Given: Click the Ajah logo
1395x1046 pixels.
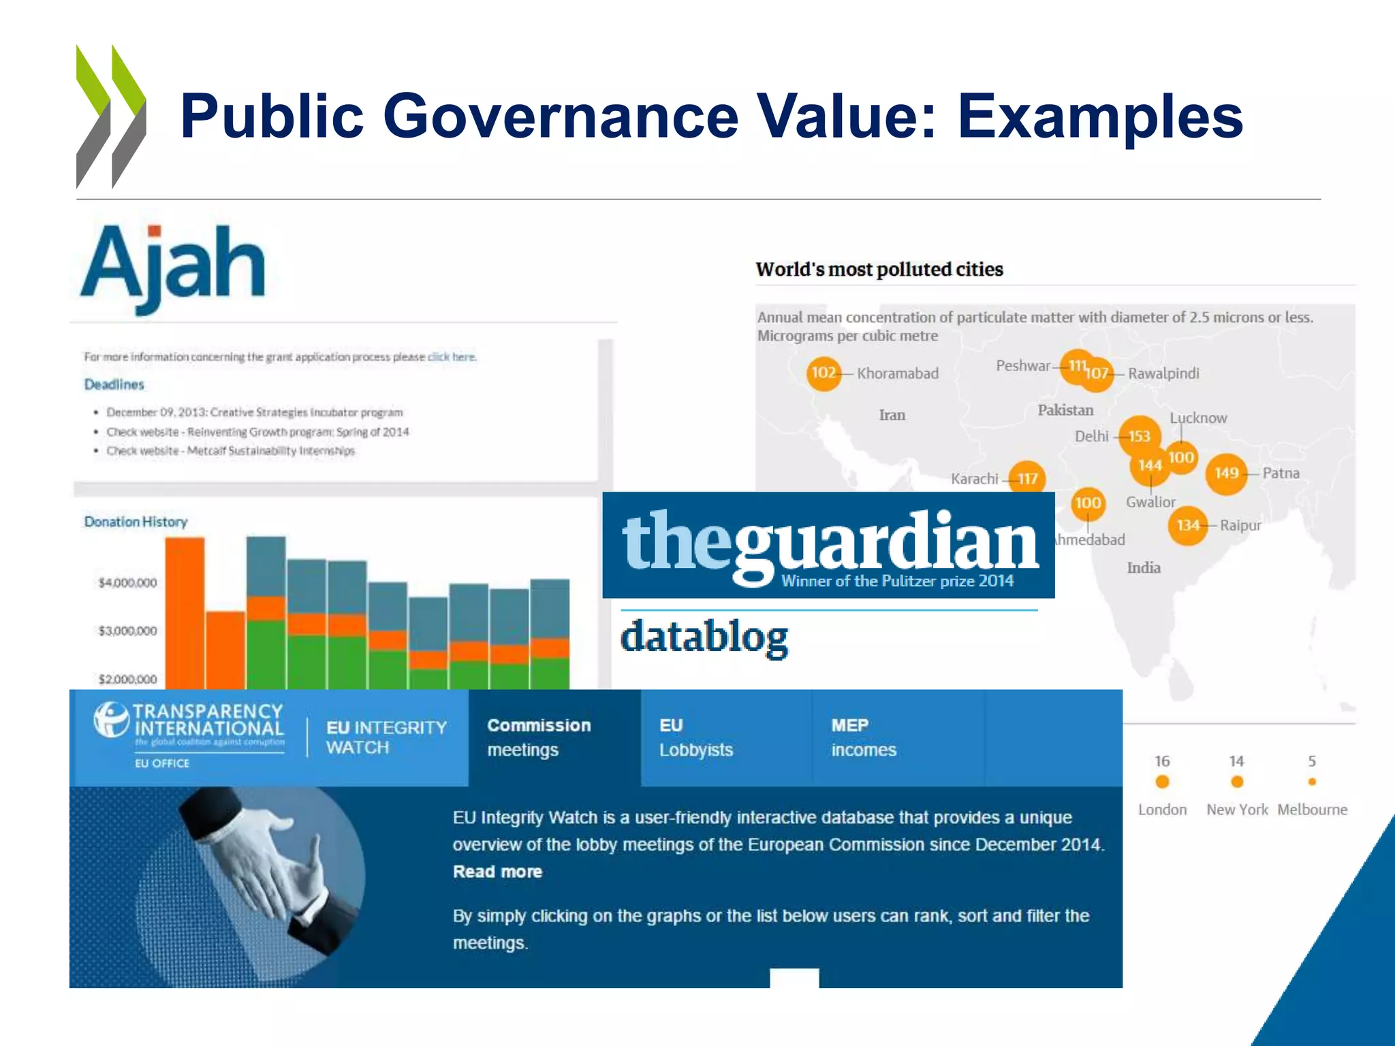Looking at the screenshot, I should pos(173,267).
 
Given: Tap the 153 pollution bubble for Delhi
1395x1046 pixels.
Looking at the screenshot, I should pos(1139,436).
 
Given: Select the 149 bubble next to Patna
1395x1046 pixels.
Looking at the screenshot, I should pos(1226,473).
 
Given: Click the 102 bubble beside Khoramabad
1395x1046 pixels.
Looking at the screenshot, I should pos(824,373).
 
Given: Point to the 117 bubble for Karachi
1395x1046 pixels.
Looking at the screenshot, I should pos(1027,479).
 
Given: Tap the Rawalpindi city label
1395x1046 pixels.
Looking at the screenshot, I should pos(1163,373).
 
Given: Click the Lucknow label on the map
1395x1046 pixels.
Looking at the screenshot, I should pos(1198,417).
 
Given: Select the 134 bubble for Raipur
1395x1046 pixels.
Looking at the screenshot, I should pos(1188,525).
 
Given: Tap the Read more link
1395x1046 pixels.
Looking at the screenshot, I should pos(497,872).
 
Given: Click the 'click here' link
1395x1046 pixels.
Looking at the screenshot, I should pos(452,357).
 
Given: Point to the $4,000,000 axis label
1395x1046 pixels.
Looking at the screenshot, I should pos(127,583).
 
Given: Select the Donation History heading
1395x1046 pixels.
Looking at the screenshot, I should pos(136,522).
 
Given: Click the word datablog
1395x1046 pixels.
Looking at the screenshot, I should pos(704,637).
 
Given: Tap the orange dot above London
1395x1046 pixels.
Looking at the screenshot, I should pos(1162,782).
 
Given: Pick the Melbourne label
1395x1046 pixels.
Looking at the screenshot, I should pos(1312,810).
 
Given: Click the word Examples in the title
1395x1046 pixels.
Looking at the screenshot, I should pos(1100,116).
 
